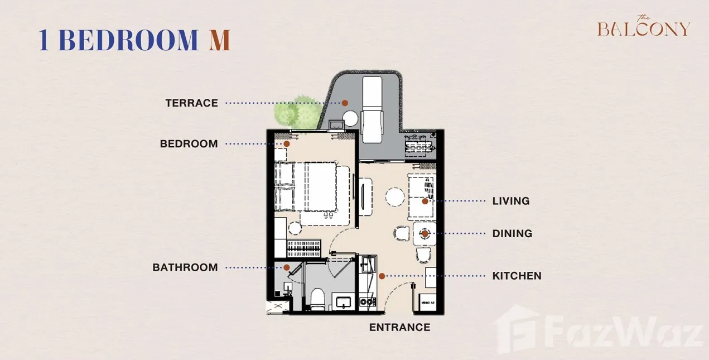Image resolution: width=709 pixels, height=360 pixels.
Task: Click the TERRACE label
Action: pos(191,103)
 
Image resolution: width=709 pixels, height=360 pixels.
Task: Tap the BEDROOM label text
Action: pos(189,144)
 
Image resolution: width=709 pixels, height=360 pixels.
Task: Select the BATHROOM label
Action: pos(185,267)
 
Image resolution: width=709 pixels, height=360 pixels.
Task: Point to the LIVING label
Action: pos(511,201)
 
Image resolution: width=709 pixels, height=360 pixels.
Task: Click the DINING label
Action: pos(512,234)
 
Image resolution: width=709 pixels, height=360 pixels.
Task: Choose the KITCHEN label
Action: pos(517,276)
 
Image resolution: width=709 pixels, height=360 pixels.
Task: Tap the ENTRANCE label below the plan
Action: pos(400,327)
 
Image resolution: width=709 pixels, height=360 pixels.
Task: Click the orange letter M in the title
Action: pos(219,40)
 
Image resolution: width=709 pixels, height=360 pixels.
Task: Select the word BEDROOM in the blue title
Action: pos(128,40)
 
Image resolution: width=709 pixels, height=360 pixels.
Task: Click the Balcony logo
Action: pos(644,26)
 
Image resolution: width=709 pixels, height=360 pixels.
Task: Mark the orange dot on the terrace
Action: pos(345,103)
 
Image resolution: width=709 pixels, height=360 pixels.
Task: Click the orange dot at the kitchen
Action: pos(382,276)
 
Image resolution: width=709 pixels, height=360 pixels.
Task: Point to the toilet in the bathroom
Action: pos(317,299)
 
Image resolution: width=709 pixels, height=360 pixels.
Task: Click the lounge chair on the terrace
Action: pos(372,109)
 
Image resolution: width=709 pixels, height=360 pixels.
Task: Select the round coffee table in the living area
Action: pos(395,197)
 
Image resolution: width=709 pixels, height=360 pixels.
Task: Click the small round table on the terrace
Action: pos(350,118)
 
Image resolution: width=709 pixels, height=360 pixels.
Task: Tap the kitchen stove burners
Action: pos(368,302)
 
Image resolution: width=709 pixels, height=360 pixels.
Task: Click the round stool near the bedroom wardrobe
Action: pos(295,228)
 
